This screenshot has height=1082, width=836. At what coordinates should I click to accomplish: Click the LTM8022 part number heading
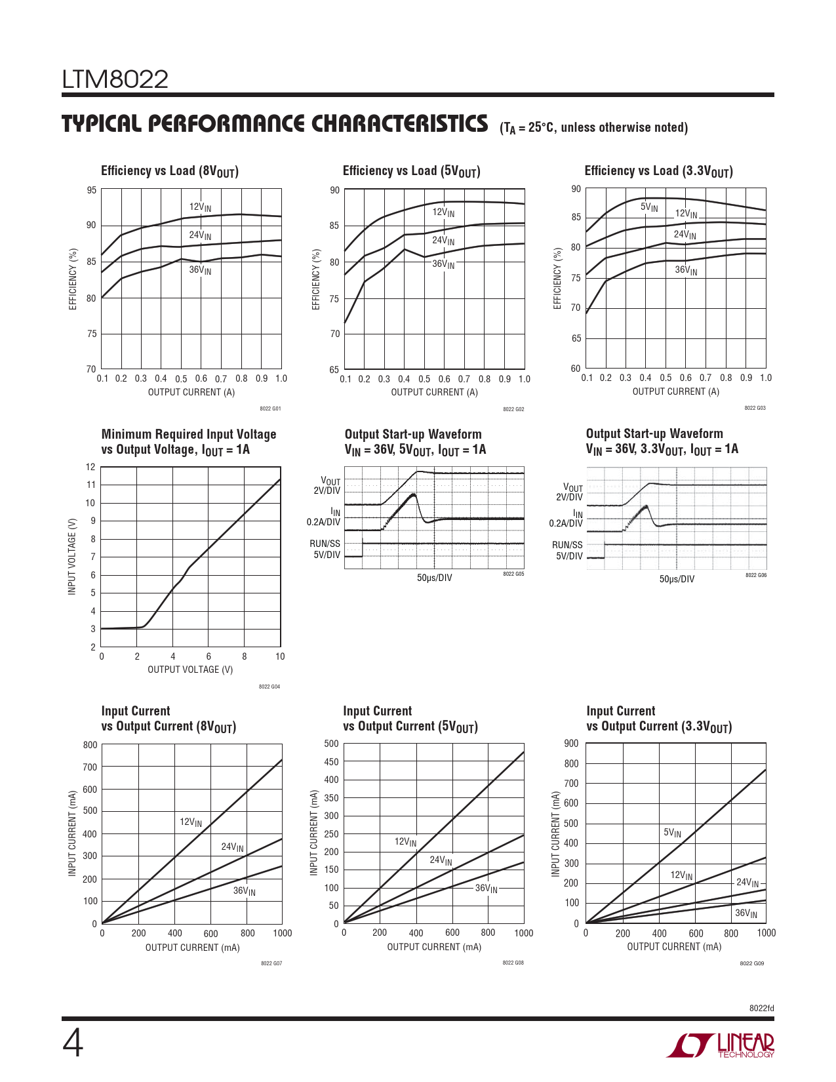(x=115, y=80)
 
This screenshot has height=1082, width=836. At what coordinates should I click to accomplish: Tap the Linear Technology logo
(x=720, y=1045)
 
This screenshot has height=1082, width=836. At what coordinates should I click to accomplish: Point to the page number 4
(x=73, y=1044)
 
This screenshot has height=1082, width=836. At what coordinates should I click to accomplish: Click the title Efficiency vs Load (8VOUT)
(x=169, y=171)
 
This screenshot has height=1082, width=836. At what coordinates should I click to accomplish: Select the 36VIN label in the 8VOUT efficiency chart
(x=200, y=270)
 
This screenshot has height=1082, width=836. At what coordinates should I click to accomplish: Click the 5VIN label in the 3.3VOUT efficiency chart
(x=649, y=207)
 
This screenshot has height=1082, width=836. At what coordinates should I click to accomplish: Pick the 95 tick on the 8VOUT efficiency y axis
(x=91, y=190)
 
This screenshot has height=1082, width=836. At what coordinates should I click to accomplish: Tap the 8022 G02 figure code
(x=513, y=409)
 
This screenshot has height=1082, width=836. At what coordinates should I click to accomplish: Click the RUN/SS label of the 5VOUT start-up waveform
(x=325, y=544)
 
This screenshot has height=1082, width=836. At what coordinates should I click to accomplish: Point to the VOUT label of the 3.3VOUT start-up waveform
(x=572, y=488)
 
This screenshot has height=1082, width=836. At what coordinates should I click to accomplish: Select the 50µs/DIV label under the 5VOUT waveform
(x=434, y=578)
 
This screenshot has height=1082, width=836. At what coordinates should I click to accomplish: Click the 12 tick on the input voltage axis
(x=90, y=467)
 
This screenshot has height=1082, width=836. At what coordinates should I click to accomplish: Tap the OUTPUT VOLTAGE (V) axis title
(x=190, y=670)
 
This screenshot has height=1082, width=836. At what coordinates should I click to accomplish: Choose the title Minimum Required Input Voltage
(x=189, y=434)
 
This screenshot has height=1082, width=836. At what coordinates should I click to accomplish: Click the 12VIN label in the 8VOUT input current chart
(x=191, y=822)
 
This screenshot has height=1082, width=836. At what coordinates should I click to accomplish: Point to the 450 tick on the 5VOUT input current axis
(x=332, y=762)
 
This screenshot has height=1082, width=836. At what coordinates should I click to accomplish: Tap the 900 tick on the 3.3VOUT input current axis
(x=571, y=743)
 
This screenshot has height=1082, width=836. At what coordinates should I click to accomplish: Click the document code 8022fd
(x=761, y=1008)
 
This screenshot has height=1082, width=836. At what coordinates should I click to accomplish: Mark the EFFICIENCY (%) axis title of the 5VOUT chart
(x=316, y=279)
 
